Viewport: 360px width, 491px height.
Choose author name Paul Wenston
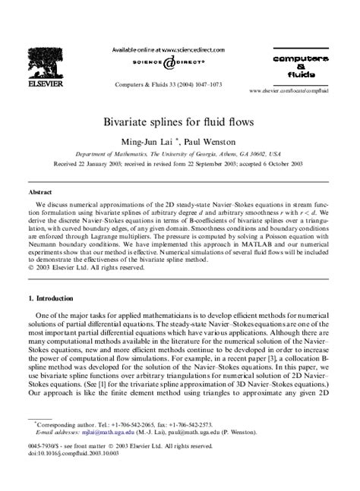pyautogui.click(x=202, y=140)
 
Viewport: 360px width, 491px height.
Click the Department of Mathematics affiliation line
pyautogui.click(x=179, y=153)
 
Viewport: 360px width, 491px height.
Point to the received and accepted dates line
pyautogui.click(x=179, y=164)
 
